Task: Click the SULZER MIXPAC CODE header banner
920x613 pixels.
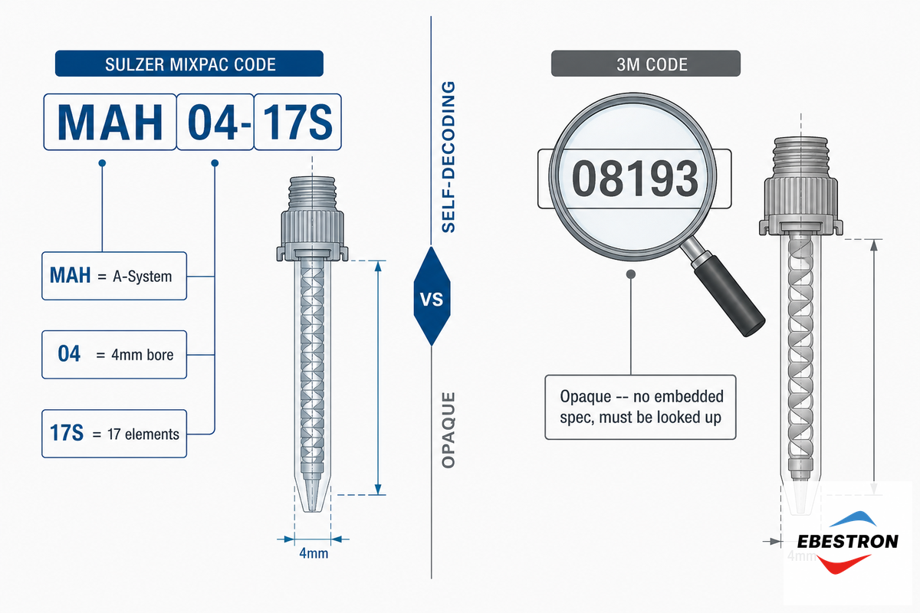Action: pyautogui.click(x=189, y=64)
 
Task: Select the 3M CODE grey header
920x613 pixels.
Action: pyautogui.click(x=646, y=64)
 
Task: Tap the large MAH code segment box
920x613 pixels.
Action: pyautogui.click(x=110, y=122)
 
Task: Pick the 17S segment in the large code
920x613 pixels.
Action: pyautogui.click(x=297, y=122)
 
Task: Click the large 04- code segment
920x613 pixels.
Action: pyautogui.click(x=215, y=122)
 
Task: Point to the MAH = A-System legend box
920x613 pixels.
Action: pyautogui.click(x=114, y=276)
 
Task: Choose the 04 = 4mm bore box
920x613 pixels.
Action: pyautogui.click(x=114, y=354)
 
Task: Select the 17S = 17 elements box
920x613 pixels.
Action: pyautogui.click(x=114, y=434)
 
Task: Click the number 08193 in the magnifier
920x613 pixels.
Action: pyautogui.click(x=635, y=179)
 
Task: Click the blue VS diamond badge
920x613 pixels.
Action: pyautogui.click(x=432, y=297)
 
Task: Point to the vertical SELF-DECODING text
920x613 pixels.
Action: pyautogui.click(x=448, y=157)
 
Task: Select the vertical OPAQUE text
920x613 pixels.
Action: pyautogui.click(x=448, y=431)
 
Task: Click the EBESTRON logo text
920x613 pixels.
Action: pyautogui.click(x=848, y=542)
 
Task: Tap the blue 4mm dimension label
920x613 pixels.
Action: pyautogui.click(x=314, y=553)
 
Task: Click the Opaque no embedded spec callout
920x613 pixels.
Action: pyautogui.click(x=640, y=407)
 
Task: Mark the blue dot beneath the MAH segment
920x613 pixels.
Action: pyautogui.click(x=102, y=163)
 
